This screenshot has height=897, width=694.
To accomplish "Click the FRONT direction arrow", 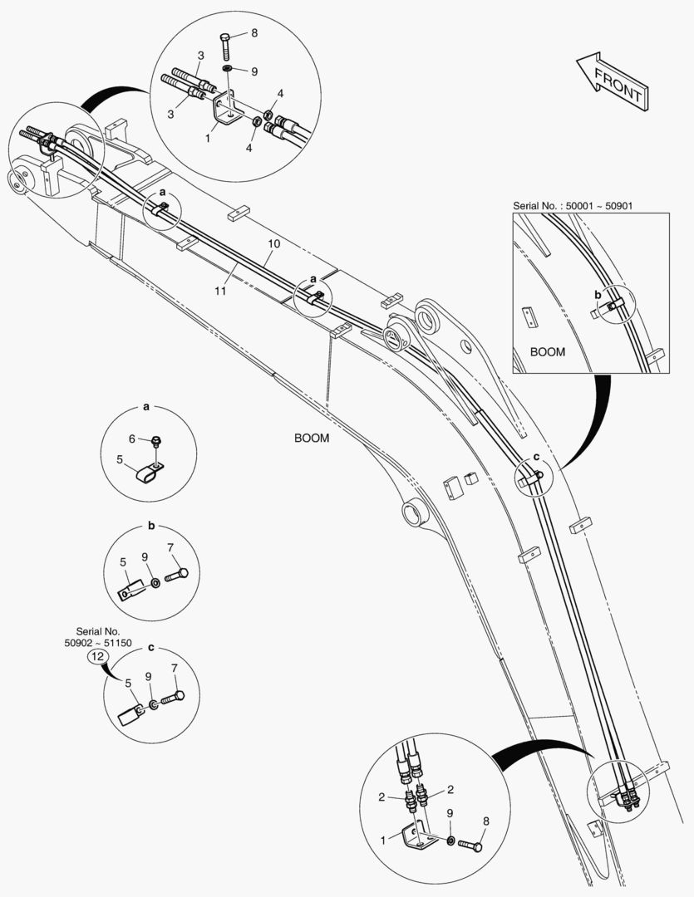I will [x=611, y=81].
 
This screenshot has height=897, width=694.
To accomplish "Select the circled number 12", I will [x=98, y=655].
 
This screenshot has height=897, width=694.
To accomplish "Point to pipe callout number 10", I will [x=274, y=244].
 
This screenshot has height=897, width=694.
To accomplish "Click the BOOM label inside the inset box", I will [x=547, y=352].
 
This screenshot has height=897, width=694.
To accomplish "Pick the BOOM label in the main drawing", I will [x=312, y=439].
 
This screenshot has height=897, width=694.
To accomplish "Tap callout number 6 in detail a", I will [x=131, y=439].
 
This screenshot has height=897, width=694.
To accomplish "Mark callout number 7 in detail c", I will [x=174, y=668].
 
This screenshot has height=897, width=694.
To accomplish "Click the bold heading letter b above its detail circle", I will [x=151, y=526].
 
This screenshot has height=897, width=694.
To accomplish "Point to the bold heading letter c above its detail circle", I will [x=150, y=646].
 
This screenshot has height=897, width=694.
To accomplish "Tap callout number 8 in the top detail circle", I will [x=254, y=34].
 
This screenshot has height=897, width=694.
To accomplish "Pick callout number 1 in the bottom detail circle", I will [x=384, y=841].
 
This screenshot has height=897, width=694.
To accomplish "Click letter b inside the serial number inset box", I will [x=597, y=294].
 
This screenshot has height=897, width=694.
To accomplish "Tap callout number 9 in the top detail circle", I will [x=254, y=71].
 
